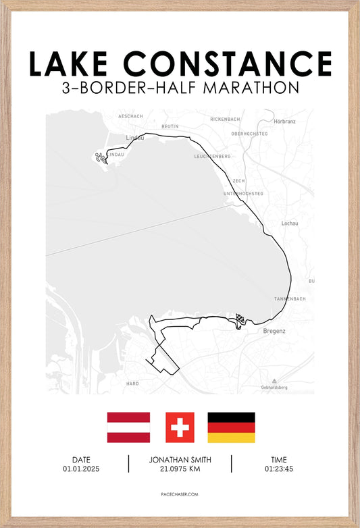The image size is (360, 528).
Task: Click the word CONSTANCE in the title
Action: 228,64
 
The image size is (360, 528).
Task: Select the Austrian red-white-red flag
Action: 128,427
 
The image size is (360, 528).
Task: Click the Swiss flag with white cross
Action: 180,427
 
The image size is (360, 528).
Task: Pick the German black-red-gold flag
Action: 231,427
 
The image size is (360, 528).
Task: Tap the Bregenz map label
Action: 274,331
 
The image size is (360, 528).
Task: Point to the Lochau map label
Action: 289,223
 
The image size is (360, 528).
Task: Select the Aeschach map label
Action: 130,116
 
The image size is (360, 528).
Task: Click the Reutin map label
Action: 170,126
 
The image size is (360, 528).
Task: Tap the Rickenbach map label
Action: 225,119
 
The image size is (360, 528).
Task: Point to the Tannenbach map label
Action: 290,298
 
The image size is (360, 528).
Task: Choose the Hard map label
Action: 132,384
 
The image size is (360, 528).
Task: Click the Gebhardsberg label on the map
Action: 274,388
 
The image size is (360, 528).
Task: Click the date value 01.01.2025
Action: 80,469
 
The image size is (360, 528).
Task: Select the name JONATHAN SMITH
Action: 180,460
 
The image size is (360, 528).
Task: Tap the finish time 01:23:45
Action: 278,469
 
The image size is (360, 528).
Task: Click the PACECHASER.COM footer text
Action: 180,494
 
